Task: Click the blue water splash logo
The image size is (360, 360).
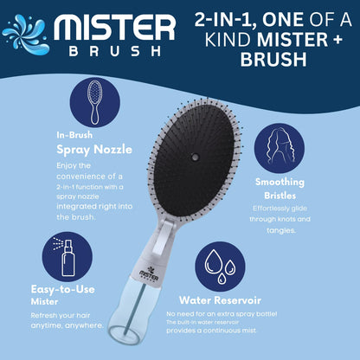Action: pyautogui.click(x=26, y=34)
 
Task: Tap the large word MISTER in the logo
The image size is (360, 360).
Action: pyautogui.click(x=114, y=28)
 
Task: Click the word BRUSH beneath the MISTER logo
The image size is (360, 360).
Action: pyautogui.click(x=115, y=51)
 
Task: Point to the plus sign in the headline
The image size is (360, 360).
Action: pyautogui.click(x=337, y=40)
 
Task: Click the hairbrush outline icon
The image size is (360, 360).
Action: pyautogui.click(x=94, y=102)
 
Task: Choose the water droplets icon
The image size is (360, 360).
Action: pyautogui.click(x=220, y=267)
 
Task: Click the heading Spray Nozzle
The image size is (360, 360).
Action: pyautogui.click(x=94, y=150)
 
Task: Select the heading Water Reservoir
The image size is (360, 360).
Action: pyautogui.click(x=220, y=300)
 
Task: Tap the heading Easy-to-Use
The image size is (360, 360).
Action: pyautogui.click(x=62, y=289)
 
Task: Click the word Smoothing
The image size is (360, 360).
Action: pyautogui.click(x=280, y=182)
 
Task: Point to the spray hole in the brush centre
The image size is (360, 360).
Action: pyautogui.click(x=195, y=157)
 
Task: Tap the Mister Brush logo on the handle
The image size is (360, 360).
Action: pyautogui.click(x=149, y=273)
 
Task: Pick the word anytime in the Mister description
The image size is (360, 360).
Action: pyautogui.click(x=47, y=325)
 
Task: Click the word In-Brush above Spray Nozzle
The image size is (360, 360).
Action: pyautogui.click(x=74, y=135)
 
